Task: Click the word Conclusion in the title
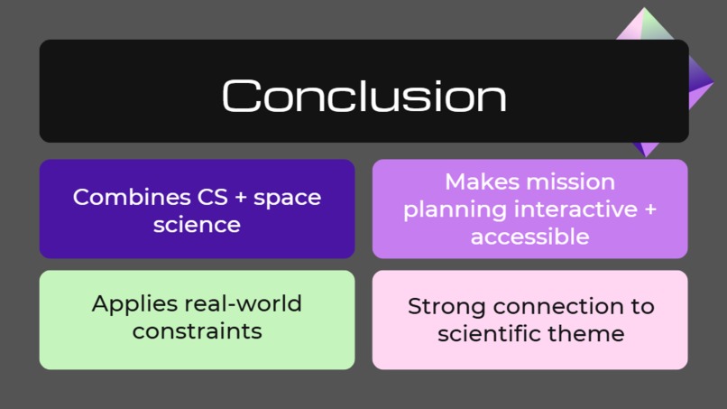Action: pos(363,96)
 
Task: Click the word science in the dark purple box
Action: pos(197,225)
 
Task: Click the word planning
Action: pos(456,209)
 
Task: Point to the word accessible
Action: pos(529,237)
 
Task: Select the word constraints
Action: pos(197,331)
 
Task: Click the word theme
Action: pos(586,334)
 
